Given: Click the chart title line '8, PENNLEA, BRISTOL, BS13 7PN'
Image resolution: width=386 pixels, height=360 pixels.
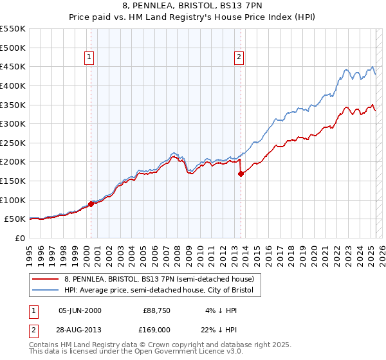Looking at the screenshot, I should (193, 5).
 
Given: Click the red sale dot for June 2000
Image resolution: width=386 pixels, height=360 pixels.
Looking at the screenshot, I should (91, 204).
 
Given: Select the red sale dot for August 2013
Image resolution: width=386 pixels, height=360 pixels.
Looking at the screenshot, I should (241, 174).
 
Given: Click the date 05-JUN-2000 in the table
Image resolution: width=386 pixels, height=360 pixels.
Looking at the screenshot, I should (80, 310).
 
